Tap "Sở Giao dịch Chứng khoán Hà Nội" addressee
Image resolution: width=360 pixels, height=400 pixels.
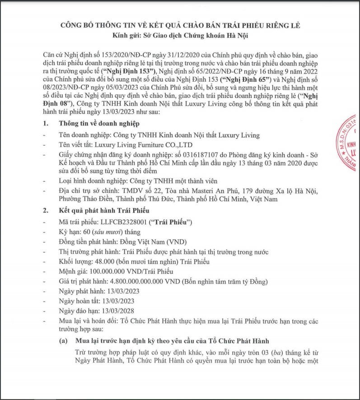point(194,35)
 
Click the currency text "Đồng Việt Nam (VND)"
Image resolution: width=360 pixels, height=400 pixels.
point(140,242)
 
